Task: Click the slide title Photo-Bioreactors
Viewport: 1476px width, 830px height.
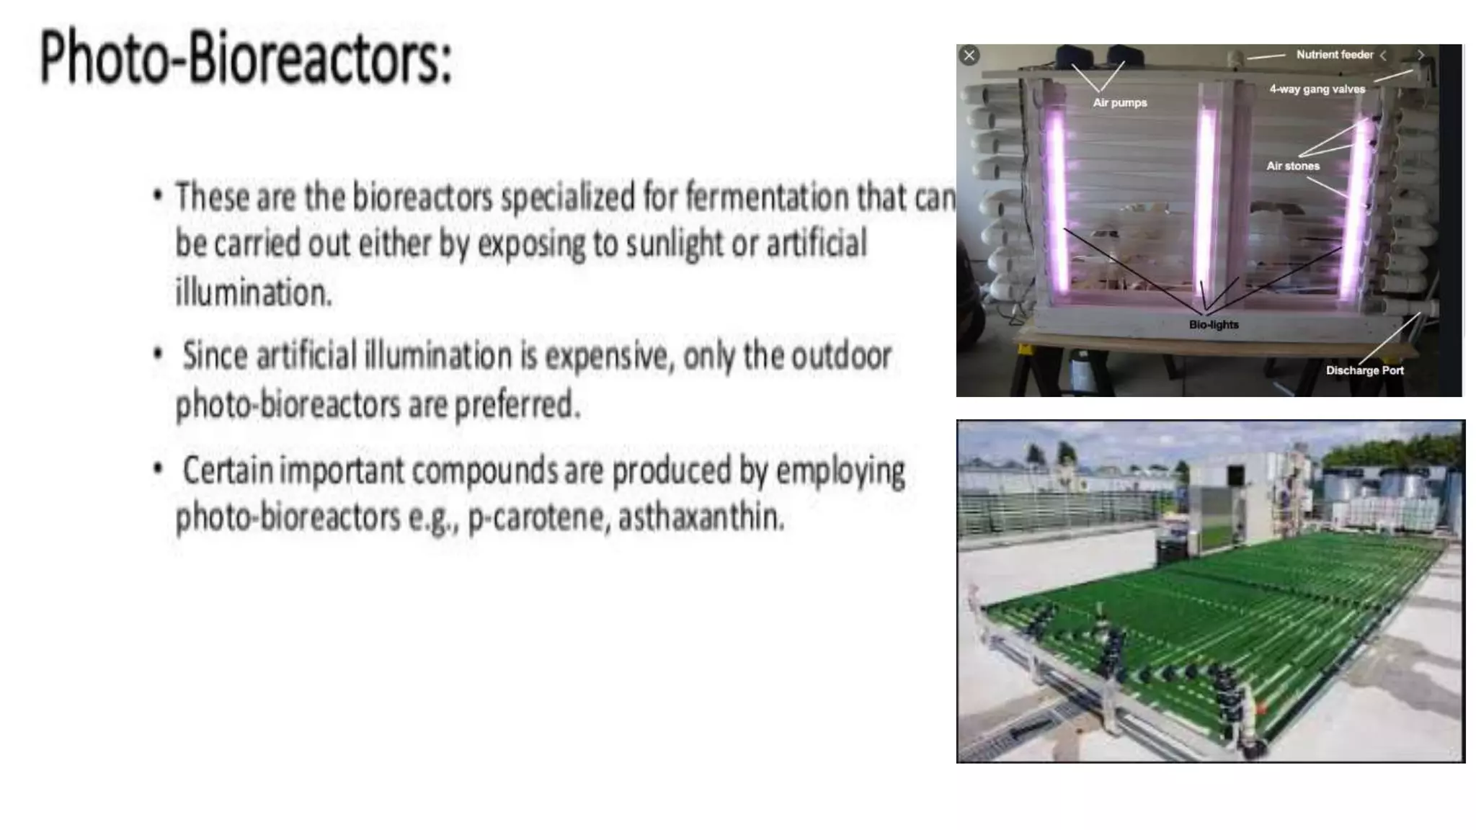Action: pyautogui.click(x=245, y=58)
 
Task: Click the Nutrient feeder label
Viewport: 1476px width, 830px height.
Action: pyautogui.click(x=1334, y=55)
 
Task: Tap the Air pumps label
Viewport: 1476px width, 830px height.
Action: pyautogui.click(x=1119, y=103)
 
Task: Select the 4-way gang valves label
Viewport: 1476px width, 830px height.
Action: pyautogui.click(x=1317, y=89)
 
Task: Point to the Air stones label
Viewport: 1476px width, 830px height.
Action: pyautogui.click(x=1293, y=166)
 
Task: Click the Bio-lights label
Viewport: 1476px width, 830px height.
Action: pyautogui.click(x=1214, y=325)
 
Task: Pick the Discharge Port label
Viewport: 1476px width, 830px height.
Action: pyautogui.click(x=1364, y=370)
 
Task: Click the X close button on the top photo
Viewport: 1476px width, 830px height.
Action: pyautogui.click(x=969, y=55)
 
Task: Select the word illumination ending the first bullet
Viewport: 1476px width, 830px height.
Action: pyautogui.click(x=253, y=293)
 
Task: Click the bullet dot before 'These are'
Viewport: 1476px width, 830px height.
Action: pyautogui.click(x=158, y=195)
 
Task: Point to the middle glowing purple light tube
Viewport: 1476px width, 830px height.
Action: pyautogui.click(x=1205, y=195)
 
